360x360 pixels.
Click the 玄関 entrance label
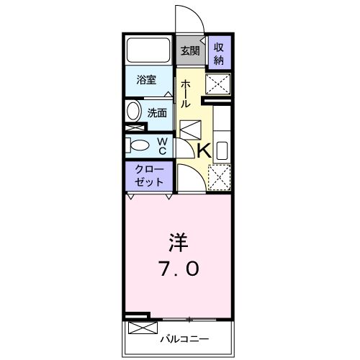(190, 52)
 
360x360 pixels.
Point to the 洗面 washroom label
(157, 112)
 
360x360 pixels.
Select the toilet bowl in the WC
(138, 146)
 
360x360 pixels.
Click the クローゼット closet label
(150, 176)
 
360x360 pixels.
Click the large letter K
(204, 150)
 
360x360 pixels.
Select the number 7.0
(177, 269)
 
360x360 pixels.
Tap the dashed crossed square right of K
(219, 176)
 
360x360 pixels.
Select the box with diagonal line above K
(190, 130)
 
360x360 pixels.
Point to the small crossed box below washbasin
(132, 129)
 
